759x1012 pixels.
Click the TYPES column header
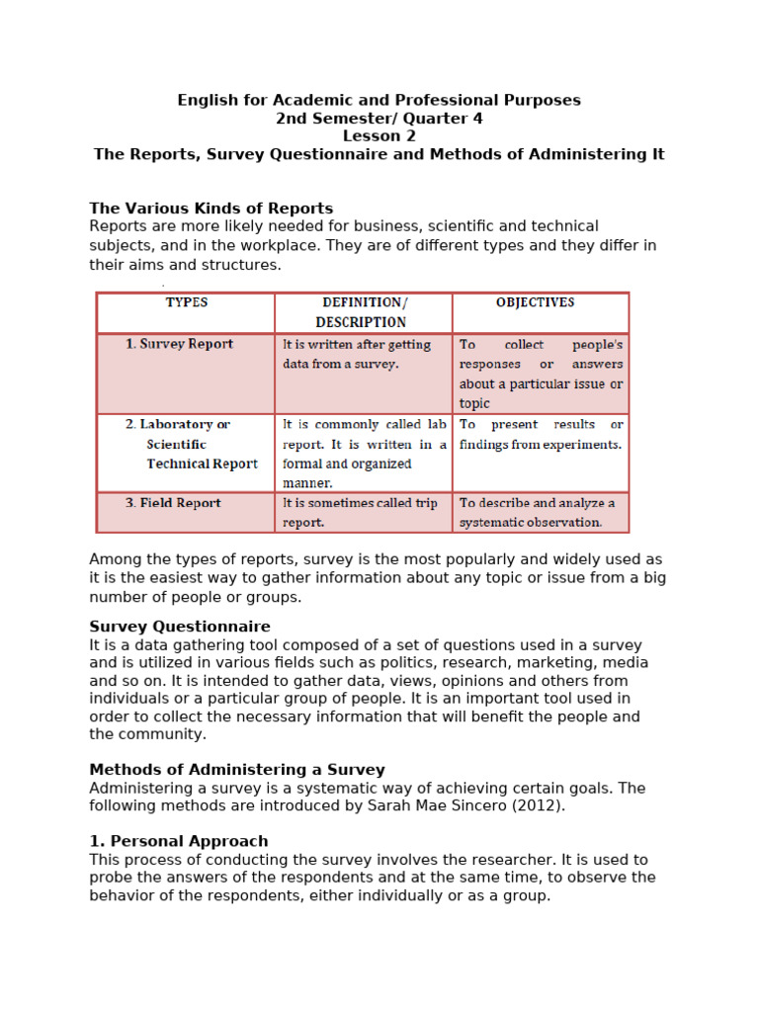pos(186,303)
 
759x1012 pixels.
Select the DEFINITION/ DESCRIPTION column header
pos(363,312)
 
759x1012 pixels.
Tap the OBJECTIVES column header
pos(535,303)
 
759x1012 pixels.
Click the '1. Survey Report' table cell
pos(179,345)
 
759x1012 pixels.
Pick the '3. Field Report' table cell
pos(173,503)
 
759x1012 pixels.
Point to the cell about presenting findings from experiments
pos(541,435)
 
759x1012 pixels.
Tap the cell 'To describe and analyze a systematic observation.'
pos(540,512)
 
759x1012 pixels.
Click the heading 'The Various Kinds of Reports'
pos(211,209)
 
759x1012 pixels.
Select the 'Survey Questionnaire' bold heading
pos(179,627)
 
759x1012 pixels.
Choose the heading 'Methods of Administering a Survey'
pos(236,770)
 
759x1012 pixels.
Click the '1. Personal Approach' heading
pos(178,841)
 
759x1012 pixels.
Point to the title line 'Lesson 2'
pos(379,136)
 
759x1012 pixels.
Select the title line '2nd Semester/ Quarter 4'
pos(379,119)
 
